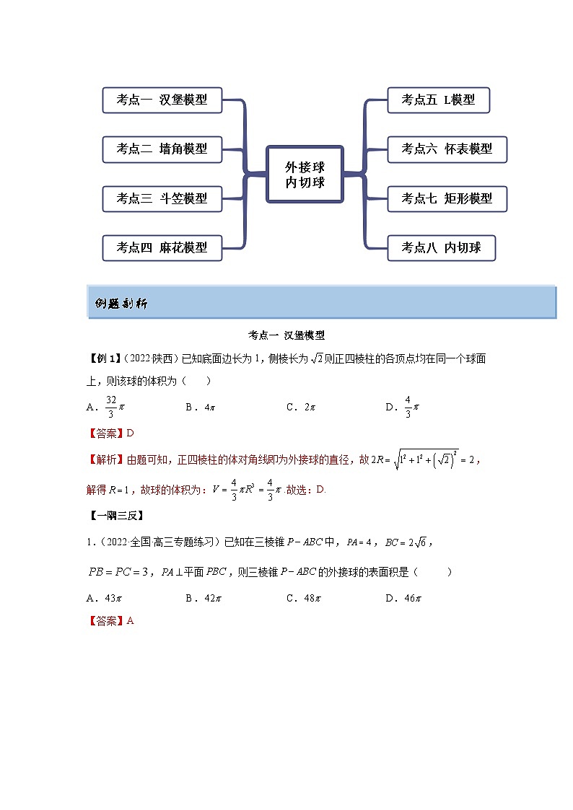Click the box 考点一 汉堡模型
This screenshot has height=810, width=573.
point(162,100)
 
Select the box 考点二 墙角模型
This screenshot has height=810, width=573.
point(162,149)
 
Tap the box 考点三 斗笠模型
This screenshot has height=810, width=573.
point(162,198)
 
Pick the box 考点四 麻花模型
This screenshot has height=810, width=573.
point(162,247)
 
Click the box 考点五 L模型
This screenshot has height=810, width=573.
point(438,100)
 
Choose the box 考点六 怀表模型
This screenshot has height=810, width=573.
point(447,149)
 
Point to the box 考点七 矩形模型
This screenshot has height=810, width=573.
point(447,198)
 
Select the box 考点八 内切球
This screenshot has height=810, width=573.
point(441,247)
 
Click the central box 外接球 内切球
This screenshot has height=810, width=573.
point(305,174)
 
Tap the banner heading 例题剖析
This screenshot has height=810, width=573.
point(121,304)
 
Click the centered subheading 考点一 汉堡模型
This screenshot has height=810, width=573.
point(286,335)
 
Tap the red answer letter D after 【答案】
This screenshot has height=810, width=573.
point(131,433)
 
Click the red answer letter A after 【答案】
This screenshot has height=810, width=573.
point(131,620)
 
